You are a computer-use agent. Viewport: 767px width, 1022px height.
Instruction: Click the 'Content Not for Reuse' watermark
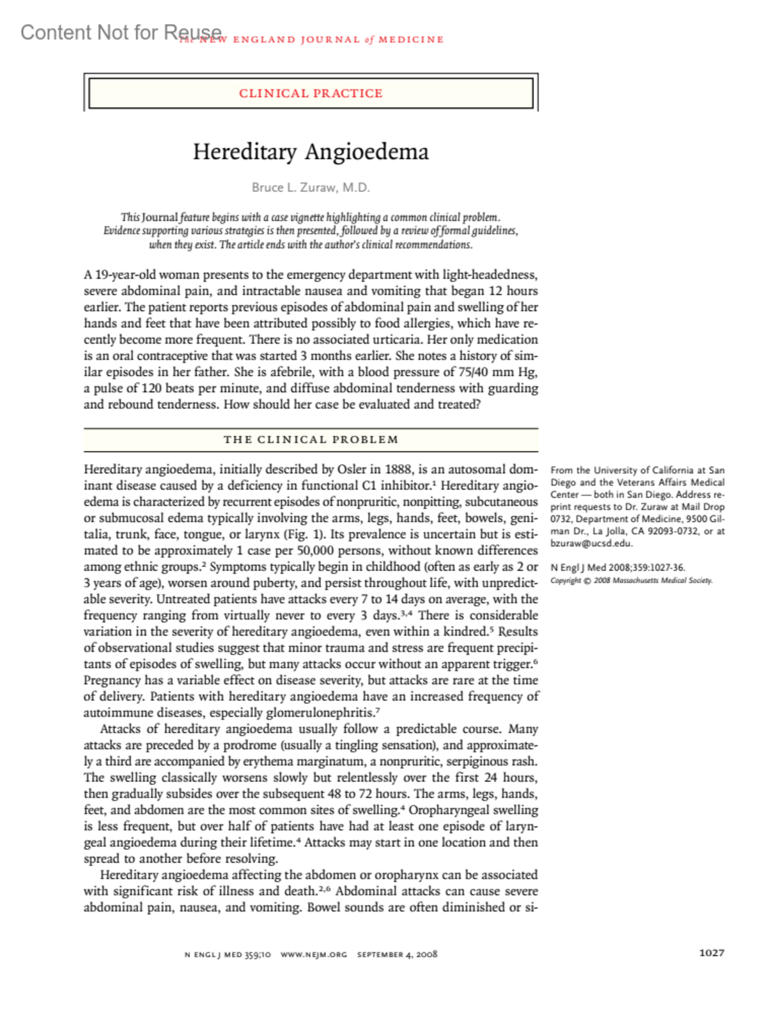click(x=121, y=32)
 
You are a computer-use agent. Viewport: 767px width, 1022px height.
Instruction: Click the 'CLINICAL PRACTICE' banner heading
click(x=311, y=93)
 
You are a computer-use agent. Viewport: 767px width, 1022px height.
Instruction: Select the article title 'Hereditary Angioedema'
click(x=311, y=152)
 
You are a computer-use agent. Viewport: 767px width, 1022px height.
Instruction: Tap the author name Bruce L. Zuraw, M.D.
click(x=311, y=187)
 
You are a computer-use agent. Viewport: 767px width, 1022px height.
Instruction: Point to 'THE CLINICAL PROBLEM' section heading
click(x=311, y=439)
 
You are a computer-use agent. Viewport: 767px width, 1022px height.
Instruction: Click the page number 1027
click(x=711, y=952)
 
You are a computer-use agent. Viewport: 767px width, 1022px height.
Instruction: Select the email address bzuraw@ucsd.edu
click(x=591, y=544)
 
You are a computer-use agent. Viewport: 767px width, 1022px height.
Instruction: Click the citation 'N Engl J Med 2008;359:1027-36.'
click(x=617, y=567)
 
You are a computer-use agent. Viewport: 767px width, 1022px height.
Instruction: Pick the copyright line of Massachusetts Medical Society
click(x=631, y=581)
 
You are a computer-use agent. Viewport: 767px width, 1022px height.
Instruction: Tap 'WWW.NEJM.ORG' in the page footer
click(x=314, y=954)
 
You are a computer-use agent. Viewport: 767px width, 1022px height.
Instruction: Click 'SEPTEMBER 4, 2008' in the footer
click(x=397, y=954)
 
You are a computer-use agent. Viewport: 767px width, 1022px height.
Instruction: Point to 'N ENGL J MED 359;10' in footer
click(x=228, y=954)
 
